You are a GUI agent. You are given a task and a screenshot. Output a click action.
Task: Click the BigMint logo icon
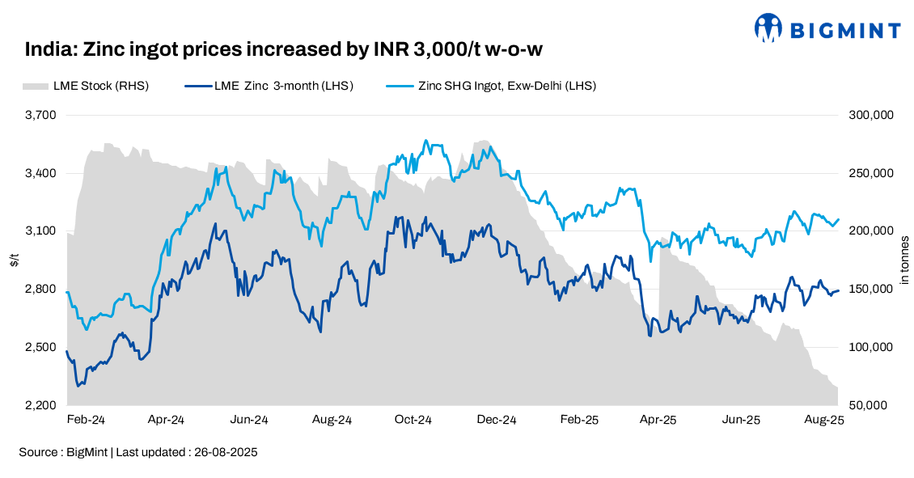[768, 27]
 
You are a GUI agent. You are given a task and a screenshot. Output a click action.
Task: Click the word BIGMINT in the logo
[844, 31]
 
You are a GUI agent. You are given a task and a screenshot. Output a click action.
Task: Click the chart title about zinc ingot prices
[283, 50]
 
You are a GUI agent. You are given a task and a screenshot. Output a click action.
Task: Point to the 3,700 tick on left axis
[40, 115]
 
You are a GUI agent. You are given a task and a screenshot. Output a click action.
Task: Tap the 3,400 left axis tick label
[40, 173]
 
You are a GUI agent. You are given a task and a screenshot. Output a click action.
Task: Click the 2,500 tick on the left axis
[40, 348]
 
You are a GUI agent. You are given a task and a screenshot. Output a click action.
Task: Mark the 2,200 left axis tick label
[40, 405]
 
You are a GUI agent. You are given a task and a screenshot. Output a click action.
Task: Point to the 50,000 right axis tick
[873, 405]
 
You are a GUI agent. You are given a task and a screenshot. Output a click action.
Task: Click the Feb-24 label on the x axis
[85, 421]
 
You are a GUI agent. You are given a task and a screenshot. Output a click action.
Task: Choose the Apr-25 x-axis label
[658, 421]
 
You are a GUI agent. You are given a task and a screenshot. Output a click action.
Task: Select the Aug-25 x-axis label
[823, 421]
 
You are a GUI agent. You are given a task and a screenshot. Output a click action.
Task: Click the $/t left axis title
[14, 260]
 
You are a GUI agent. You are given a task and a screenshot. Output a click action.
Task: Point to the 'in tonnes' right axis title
[904, 260]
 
